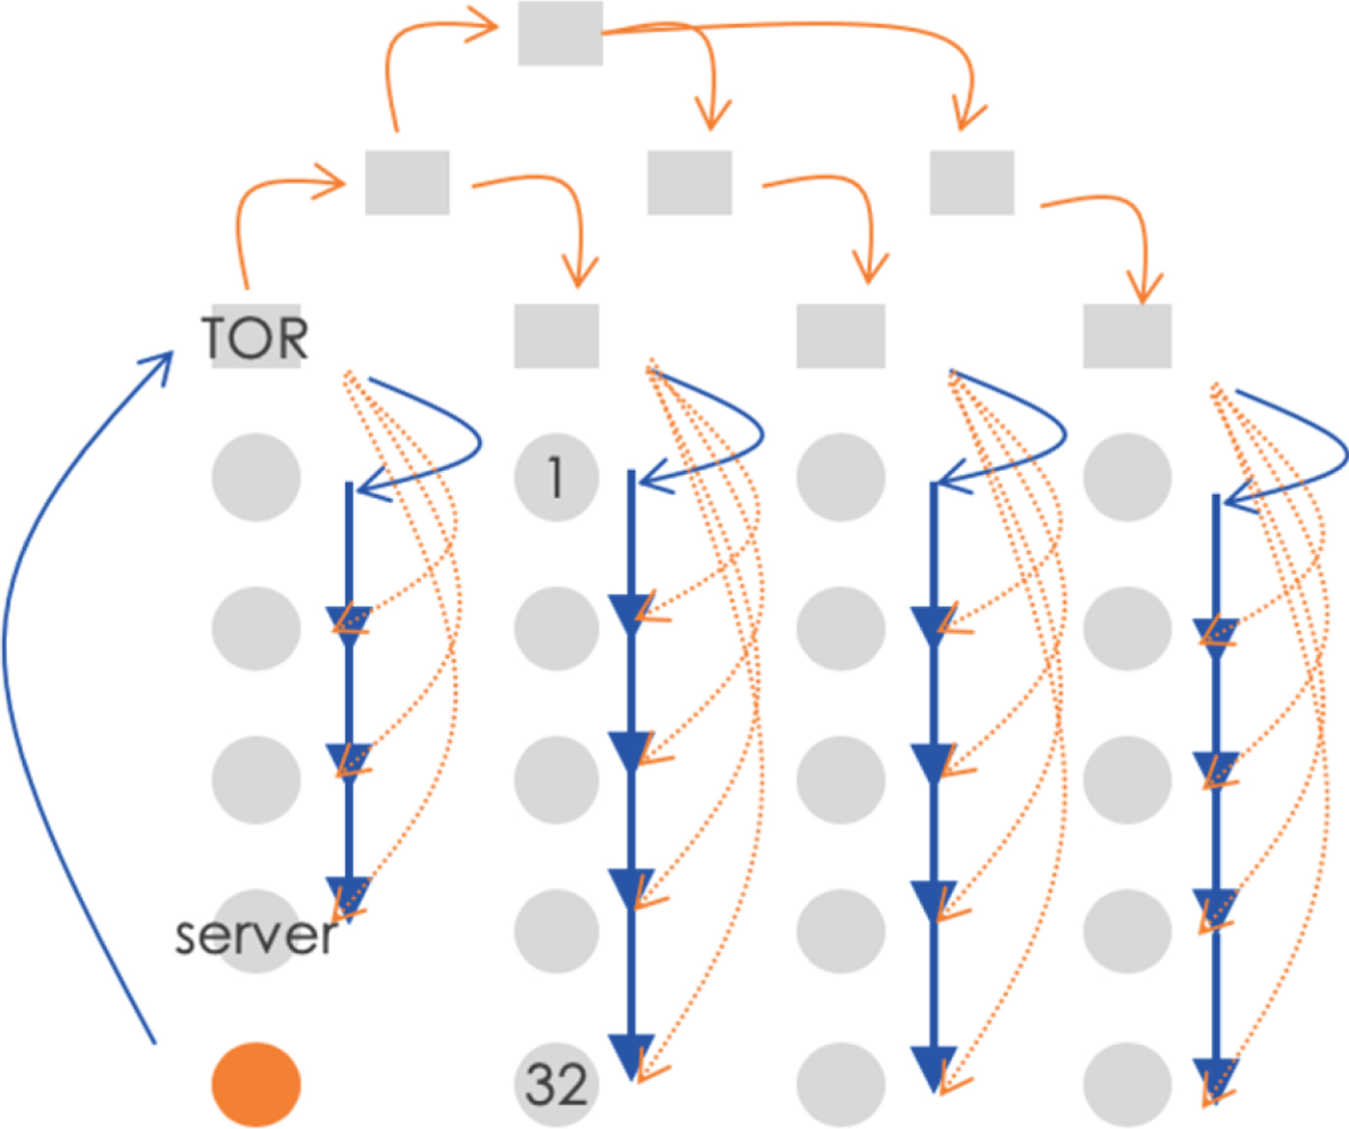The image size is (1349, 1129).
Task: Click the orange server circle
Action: (x=256, y=1084)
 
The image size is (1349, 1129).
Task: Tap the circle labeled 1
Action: (x=556, y=477)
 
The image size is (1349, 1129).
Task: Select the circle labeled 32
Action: (x=556, y=1084)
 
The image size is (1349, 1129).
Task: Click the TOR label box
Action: (x=256, y=336)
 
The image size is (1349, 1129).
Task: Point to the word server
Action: (x=256, y=935)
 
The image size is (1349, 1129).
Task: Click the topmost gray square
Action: (x=561, y=34)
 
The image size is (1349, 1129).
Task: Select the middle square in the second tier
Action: (x=689, y=182)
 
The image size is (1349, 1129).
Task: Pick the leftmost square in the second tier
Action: (x=408, y=182)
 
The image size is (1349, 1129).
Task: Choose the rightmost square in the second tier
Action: (x=971, y=182)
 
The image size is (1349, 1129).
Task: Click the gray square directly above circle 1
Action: (x=556, y=336)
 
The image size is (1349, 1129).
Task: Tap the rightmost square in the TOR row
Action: (x=1126, y=336)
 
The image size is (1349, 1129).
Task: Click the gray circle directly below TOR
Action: (x=256, y=477)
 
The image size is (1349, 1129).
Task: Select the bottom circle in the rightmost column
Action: (x=1126, y=1084)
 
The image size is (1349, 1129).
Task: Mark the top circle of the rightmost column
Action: (x=1126, y=477)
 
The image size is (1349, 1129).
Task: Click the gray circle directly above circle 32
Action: (x=556, y=932)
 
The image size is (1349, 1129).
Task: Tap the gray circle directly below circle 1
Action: (x=556, y=628)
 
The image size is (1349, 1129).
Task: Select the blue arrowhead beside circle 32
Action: (x=631, y=1055)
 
